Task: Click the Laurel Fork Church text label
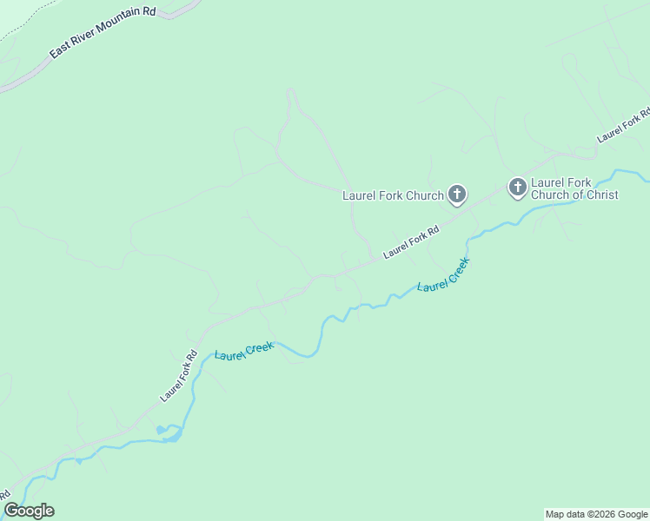(x=393, y=195)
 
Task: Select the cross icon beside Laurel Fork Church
(x=457, y=195)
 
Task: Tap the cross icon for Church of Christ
(x=517, y=188)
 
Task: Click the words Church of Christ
(x=574, y=195)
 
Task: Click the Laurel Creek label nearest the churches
(x=443, y=274)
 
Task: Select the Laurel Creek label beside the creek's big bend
(x=244, y=352)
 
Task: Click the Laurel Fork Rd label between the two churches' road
(x=411, y=242)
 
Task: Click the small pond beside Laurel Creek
(x=160, y=430)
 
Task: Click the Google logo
(x=29, y=510)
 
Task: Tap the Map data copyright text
(x=595, y=514)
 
